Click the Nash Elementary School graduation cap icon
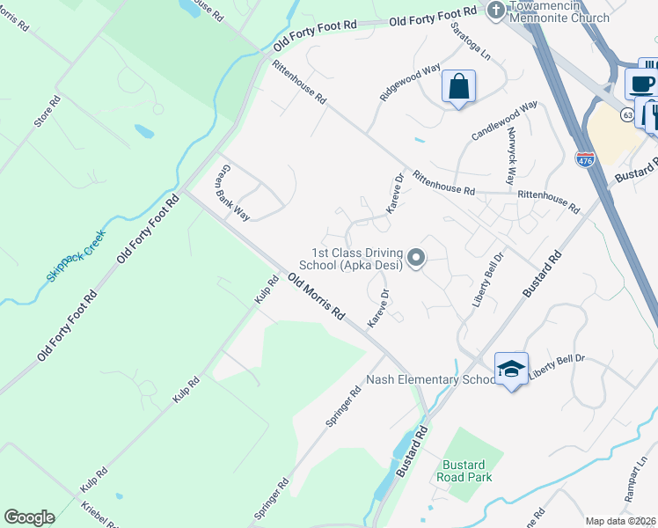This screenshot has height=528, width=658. click(x=511, y=369)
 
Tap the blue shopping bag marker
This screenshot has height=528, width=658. click(x=458, y=87)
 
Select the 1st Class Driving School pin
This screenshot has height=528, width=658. click(x=418, y=258)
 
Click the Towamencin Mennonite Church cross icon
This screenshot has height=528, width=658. click(x=495, y=11)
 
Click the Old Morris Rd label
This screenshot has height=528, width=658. click(x=316, y=296)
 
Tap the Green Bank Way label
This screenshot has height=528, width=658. click(x=233, y=192)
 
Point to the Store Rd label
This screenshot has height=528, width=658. click(x=48, y=112)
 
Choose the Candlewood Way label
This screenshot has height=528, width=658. click(x=505, y=121)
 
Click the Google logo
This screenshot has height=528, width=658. click(x=29, y=517)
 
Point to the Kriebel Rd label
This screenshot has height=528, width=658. click(x=99, y=516)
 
